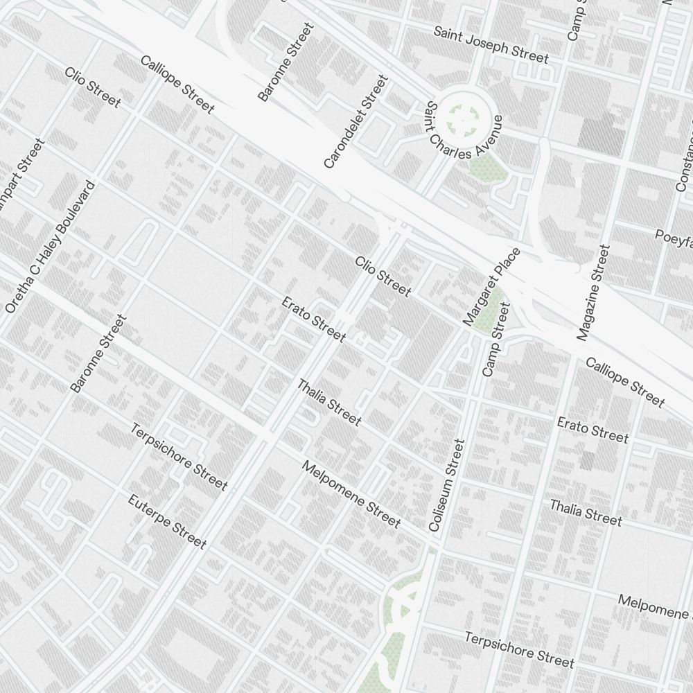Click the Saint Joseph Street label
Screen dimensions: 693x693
[x=491, y=44]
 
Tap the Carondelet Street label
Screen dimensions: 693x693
[x=356, y=123]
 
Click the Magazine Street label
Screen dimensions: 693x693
[x=593, y=292]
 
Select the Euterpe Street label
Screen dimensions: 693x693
[x=167, y=521]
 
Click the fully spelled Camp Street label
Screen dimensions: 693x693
[x=495, y=340]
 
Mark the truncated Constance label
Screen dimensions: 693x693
[x=685, y=163]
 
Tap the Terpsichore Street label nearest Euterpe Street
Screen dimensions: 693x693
[x=179, y=457]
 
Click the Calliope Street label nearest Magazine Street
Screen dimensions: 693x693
[x=624, y=382]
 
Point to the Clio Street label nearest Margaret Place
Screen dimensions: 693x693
[x=383, y=276]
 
